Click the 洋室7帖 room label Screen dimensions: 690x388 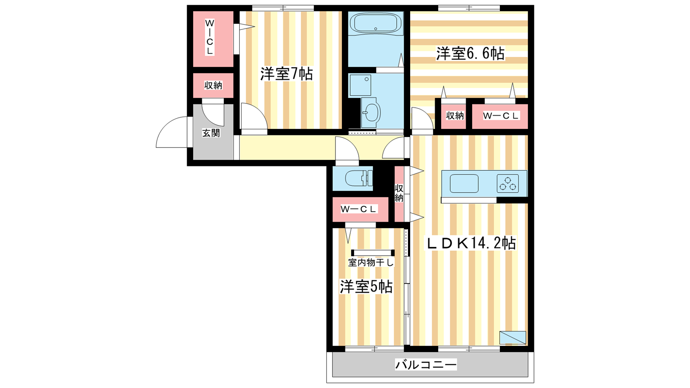pyautogui.click(x=286, y=74)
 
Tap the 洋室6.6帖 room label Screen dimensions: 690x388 pyautogui.click(x=470, y=53)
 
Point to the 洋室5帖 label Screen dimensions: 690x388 pyautogui.click(x=366, y=287)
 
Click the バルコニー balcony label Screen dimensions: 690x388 pyautogui.click(x=426, y=365)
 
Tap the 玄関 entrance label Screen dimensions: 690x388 pyautogui.click(x=211, y=133)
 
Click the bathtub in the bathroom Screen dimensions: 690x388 pyautogui.click(x=376, y=22)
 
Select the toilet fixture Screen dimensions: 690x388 pyautogui.click(x=358, y=178)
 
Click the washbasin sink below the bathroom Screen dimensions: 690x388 pyautogui.click(x=371, y=113)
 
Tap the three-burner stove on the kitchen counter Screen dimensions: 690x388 pyautogui.click(x=508, y=184)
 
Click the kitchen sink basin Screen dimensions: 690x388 pyautogui.click(x=464, y=184)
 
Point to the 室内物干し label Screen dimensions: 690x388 pyautogui.click(x=371, y=263)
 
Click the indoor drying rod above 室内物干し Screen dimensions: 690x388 pyautogui.click(x=373, y=253)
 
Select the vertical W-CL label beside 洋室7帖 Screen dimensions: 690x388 pyautogui.click(x=210, y=37)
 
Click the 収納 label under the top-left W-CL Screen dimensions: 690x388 pyautogui.click(x=213, y=85)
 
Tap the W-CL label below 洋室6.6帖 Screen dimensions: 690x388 pyautogui.click(x=501, y=116)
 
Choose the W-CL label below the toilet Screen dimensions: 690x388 pyautogui.click(x=358, y=209)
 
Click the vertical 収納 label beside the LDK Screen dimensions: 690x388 pyautogui.click(x=399, y=194)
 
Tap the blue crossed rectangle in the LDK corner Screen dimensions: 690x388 pyautogui.click(x=513, y=338)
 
